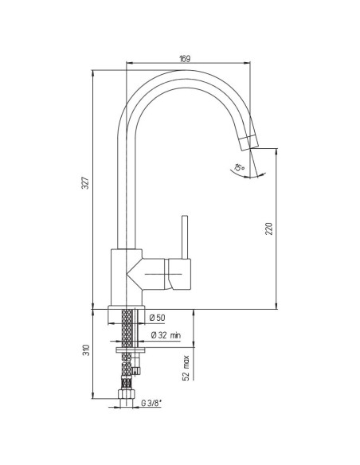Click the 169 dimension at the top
pyautogui.click(x=184, y=59)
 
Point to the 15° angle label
pyautogui.click(x=237, y=167)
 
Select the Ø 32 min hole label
pyautogui.click(x=166, y=336)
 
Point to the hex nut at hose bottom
pyautogui.click(x=126, y=396)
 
